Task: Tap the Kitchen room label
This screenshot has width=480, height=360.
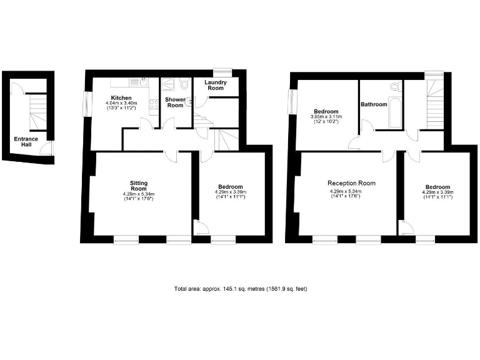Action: [x=121, y=98]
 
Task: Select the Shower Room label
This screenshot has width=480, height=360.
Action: [x=174, y=102]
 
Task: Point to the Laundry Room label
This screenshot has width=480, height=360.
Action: [x=216, y=85]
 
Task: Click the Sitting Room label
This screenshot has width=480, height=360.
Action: [x=138, y=186]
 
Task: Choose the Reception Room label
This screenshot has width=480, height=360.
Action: [x=351, y=183]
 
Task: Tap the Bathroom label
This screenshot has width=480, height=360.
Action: [x=374, y=104]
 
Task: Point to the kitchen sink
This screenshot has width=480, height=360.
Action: [x=141, y=81]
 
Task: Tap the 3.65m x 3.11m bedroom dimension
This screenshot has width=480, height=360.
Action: [x=326, y=117]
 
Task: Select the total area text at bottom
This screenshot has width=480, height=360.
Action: [x=241, y=289]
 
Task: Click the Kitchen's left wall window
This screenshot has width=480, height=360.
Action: [x=86, y=103]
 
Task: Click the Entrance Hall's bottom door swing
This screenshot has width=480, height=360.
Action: [x=46, y=148]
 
